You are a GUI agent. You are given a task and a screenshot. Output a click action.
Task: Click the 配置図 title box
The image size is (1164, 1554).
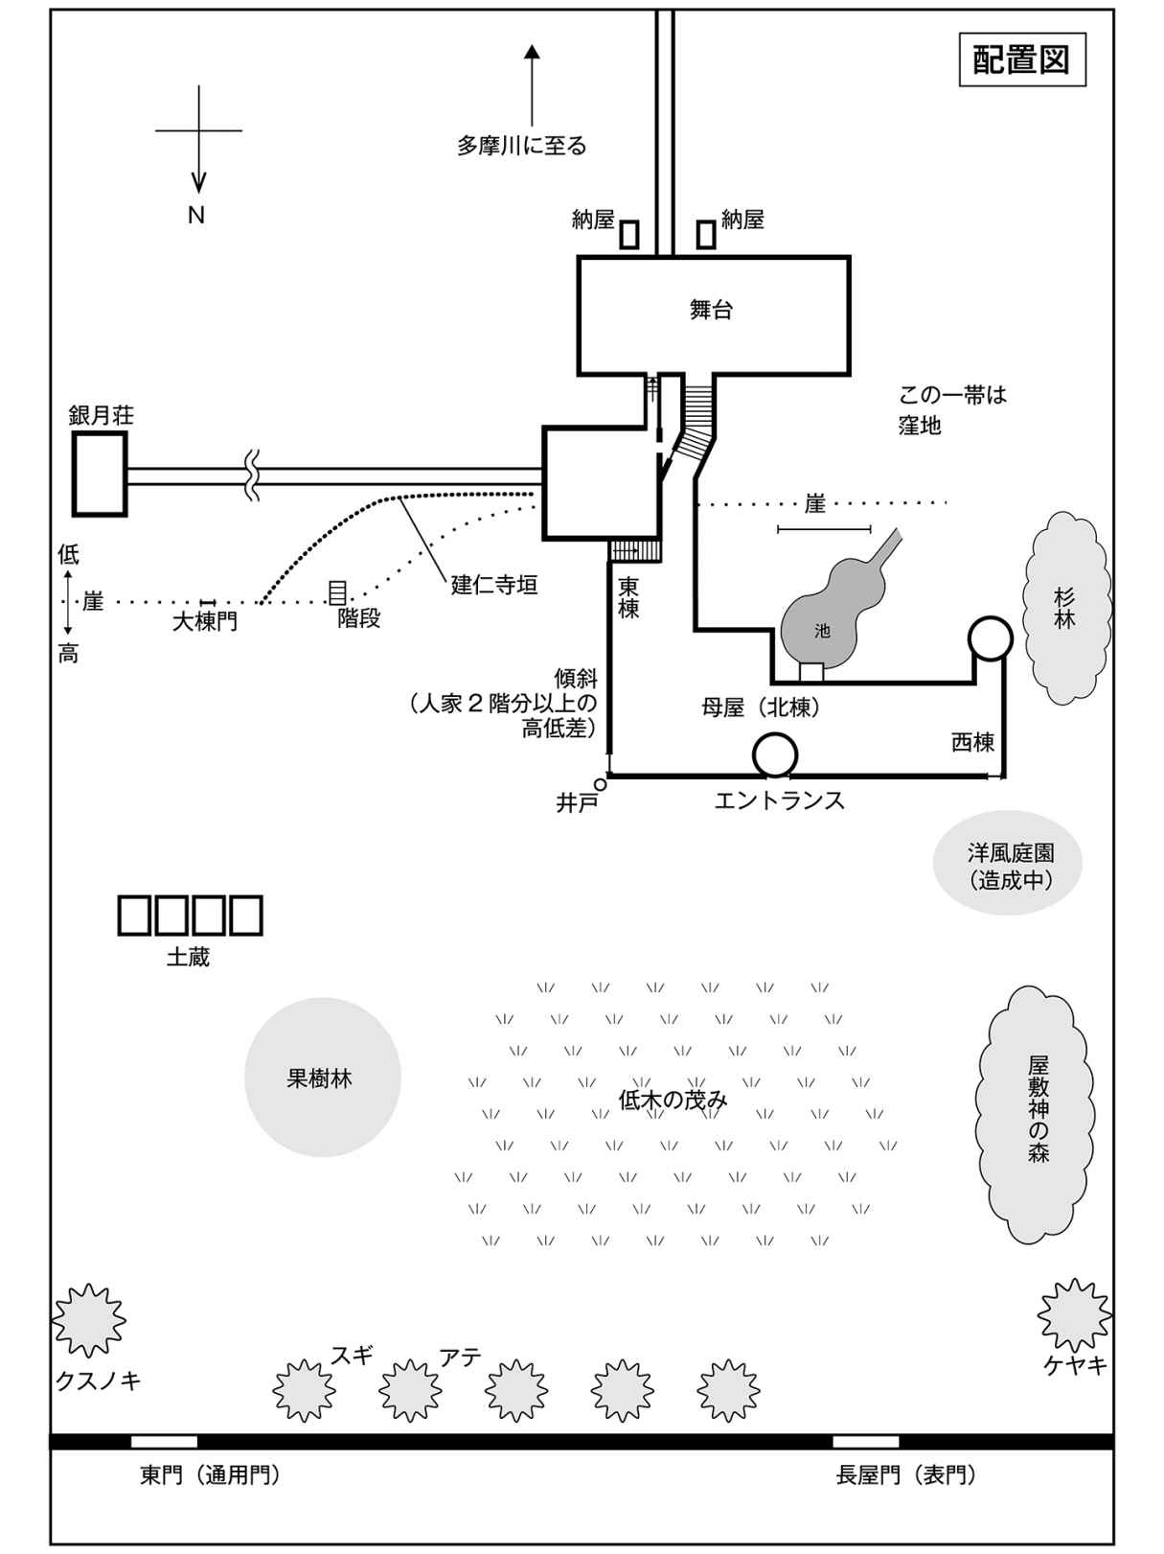pyautogui.click(x=1021, y=60)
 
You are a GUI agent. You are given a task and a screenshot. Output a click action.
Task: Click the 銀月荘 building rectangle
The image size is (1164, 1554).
pyautogui.click(x=101, y=474)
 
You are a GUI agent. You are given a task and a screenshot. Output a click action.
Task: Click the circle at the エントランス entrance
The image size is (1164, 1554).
pyautogui.click(x=774, y=755)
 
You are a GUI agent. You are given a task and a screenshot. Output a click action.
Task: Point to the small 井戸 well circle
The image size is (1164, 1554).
pyautogui.click(x=601, y=783)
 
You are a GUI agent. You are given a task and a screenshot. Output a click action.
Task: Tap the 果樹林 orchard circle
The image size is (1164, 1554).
pyautogui.click(x=322, y=1078)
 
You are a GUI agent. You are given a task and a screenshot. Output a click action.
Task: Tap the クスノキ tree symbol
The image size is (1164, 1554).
pyautogui.click(x=88, y=1321)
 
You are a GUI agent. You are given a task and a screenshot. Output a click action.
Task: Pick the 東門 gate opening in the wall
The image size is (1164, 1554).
pyautogui.click(x=164, y=1441)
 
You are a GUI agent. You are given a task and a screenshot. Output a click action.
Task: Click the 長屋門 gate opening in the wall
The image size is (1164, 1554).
pyautogui.click(x=865, y=1441)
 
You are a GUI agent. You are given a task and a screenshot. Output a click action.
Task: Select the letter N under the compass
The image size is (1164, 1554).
pyautogui.click(x=196, y=216)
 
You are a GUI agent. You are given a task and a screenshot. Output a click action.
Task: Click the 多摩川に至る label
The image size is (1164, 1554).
pyautogui.click(x=521, y=147)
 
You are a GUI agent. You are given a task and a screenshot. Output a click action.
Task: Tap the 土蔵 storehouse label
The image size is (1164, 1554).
pyautogui.click(x=188, y=957)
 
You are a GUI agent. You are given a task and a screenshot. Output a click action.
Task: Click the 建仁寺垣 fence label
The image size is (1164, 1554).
pyautogui.click(x=494, y=585)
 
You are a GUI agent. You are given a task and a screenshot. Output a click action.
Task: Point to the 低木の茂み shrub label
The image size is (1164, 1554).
pyautogui.click(x=673, y=1100)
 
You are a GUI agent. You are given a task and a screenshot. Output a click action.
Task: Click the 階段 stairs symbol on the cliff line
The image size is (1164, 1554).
pyautogui.click(x=337, y=592)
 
